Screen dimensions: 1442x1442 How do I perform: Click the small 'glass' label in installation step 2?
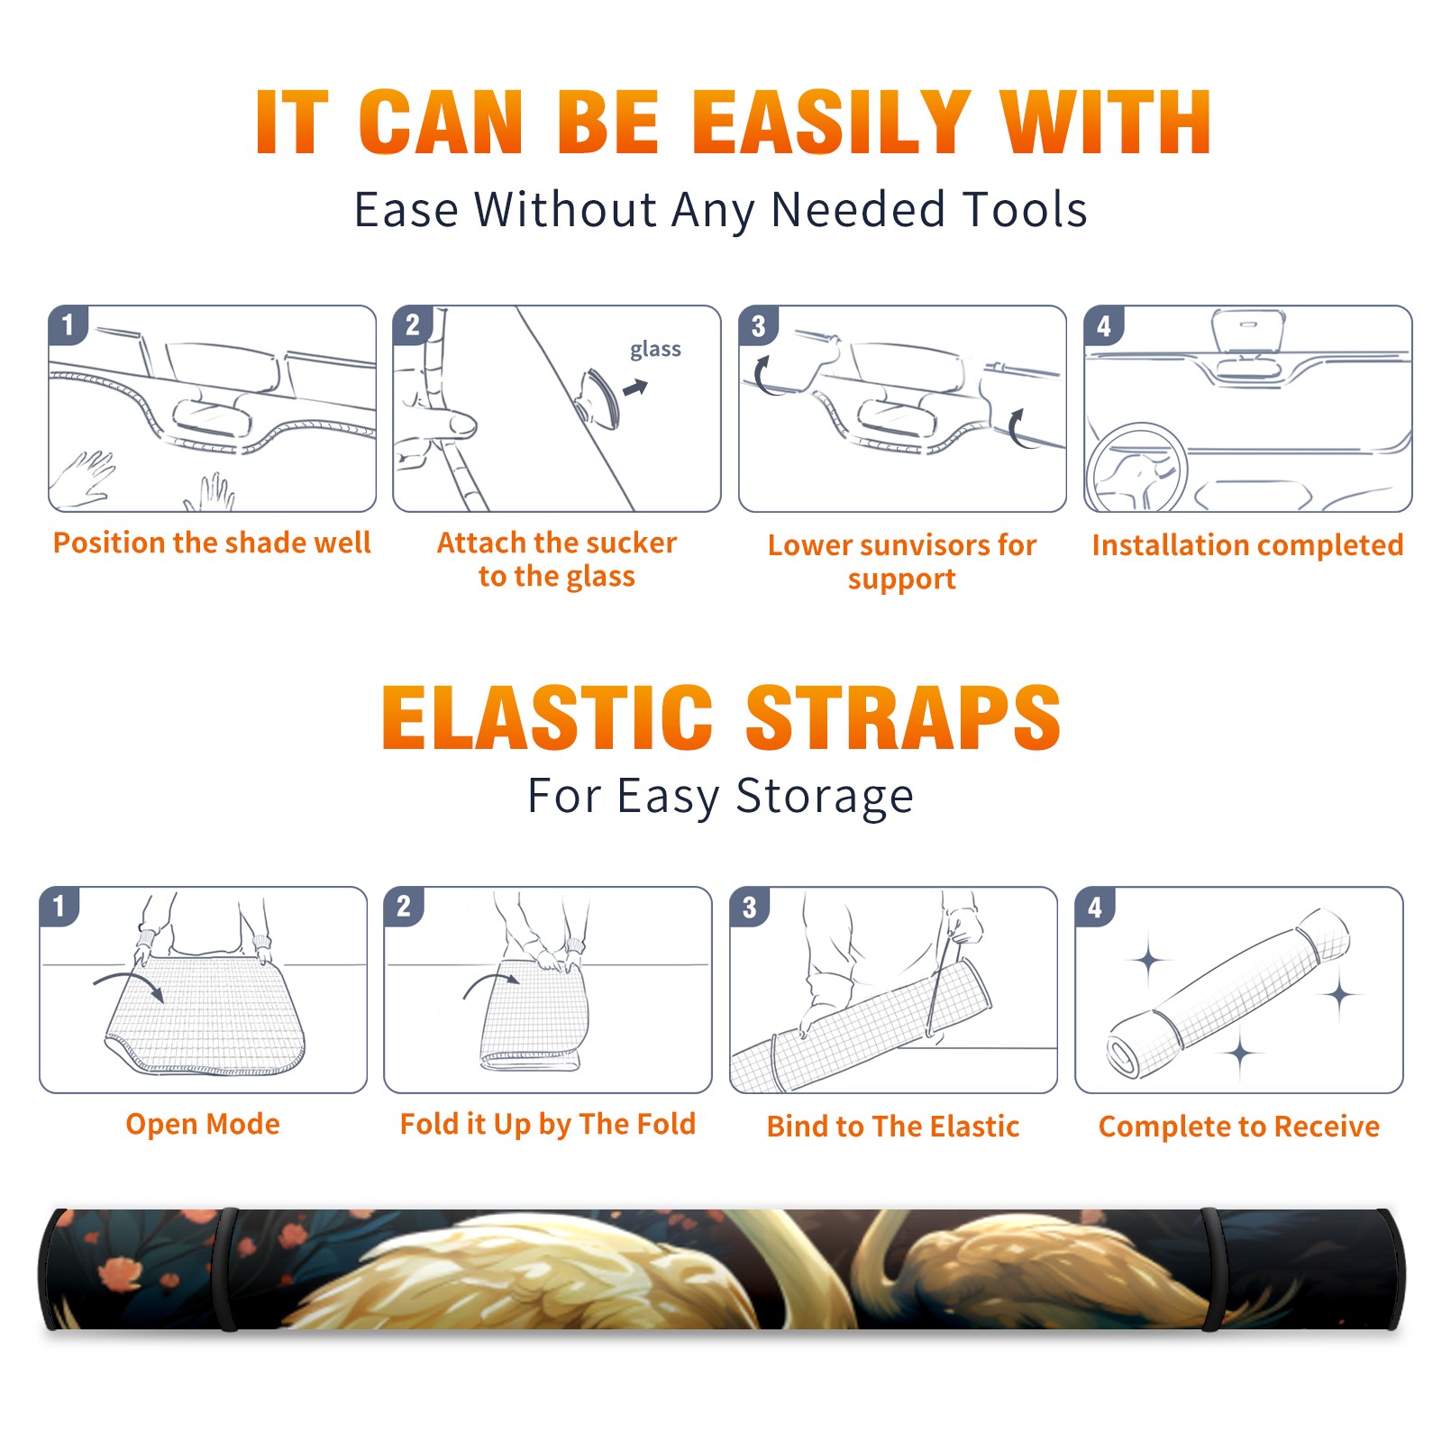[655, 350]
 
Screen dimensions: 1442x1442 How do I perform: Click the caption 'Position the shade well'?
[212, 543]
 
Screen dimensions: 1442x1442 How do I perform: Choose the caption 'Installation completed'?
[1247, 544]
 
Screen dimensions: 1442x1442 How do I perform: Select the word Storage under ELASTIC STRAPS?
[825, 797]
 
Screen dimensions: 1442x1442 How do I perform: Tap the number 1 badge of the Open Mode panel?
[59, 907]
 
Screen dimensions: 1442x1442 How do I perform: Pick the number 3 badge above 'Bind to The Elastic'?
[750, 907]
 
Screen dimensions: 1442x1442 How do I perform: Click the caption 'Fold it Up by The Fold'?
[548, 1125]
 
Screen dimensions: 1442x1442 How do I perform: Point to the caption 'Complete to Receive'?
[1239, 1127]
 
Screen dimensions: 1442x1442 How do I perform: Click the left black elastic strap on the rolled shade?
[228, 1269]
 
